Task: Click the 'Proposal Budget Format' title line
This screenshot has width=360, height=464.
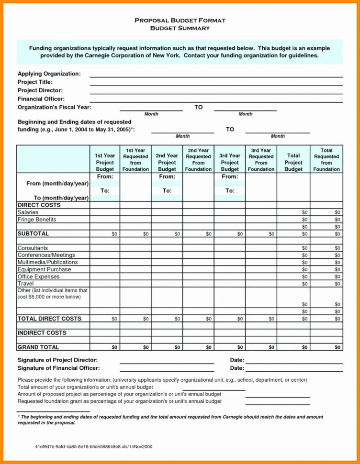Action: click(180, 21)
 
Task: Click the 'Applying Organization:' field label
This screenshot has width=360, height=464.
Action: click(49, 74)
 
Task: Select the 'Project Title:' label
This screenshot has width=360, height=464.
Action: click(35, 82)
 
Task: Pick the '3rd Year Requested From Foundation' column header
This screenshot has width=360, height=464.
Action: click(261, 159)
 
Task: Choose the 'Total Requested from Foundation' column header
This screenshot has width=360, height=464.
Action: click(326, 159)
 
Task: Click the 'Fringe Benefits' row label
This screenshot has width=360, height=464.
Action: click(37, 220)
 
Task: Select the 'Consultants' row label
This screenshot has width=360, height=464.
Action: click(33, 248)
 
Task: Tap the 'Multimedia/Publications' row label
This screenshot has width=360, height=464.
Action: click(47, 262)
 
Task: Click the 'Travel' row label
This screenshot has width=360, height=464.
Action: click(25, 284)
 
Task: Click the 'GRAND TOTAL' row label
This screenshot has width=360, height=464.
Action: click(38, 347)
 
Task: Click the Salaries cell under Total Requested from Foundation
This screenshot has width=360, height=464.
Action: click(337, 212)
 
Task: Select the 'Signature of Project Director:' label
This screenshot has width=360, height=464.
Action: click(57, 360)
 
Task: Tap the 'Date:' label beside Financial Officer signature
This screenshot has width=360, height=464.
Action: click(237, 368)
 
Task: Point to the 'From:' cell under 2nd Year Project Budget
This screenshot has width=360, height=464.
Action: click(167, 177)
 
